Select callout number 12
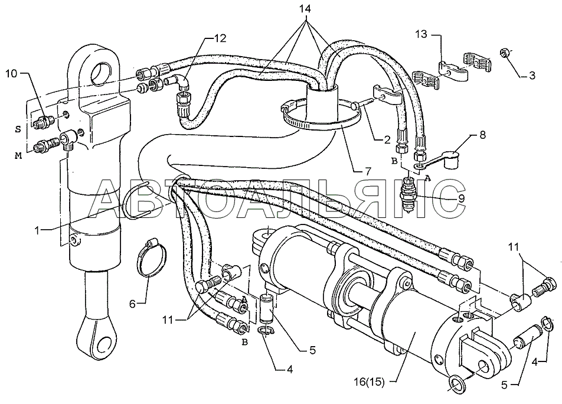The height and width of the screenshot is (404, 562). (220, 38)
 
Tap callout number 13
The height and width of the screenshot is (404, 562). (421, 34)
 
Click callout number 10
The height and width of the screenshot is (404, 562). (11, 74)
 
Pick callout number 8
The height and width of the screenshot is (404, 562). (483, 135)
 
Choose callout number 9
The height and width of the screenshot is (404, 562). (461, 198)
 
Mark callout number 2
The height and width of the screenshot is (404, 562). (387, 140)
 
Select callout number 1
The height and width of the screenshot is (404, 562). (37, 230)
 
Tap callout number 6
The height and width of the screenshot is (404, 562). (133, 304)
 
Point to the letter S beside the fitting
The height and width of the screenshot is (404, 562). (18, 130)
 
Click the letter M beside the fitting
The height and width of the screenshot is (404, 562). (17, 155)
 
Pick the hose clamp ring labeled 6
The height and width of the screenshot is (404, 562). (152, 258)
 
